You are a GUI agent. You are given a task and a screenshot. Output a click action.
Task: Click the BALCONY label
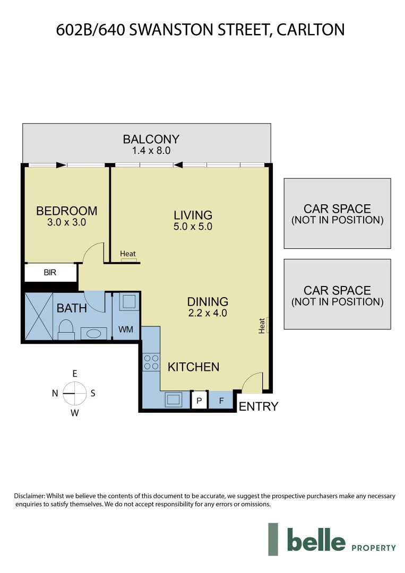pyautogui.click(x=151, y=140)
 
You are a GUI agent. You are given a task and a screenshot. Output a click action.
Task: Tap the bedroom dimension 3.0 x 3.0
pyautogui.click(x=66, y=223)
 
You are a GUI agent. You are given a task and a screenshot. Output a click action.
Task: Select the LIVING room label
pyautogui.click(x=193, y=215)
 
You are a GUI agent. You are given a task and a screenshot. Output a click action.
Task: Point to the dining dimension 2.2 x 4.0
pyautogui.click(x=208, y=313)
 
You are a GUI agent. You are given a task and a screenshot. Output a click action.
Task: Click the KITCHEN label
pyautogui.click(x=193, y=367)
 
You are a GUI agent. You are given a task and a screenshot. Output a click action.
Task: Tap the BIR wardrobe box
pyautogui.click(x=50, y=273)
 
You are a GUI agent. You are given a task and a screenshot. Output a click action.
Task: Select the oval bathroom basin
pyautogui.click(x=93, y=334)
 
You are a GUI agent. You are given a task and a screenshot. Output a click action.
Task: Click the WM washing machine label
pyautogui.click(x=126, y=329)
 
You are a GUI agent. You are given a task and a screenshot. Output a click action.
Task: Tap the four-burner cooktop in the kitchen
pyautogui.click(x=151, y=362)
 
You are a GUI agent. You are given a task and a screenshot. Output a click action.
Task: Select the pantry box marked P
pyautogui.click(x=199, y=401)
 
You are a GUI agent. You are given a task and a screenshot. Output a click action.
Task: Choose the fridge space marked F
pyautogui.click(x=221, y=401)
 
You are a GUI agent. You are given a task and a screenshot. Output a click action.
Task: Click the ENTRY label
pyautogui.click(x=258, y=407)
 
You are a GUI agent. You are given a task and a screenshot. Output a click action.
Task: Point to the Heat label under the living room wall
pyautogui.click(x=128, y=254)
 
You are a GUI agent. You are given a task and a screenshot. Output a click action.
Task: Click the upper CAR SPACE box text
pyautogui.click(x=337, y=209)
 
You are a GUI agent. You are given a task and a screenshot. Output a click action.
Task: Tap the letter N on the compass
pyautogui.click(x=55, y=393)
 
